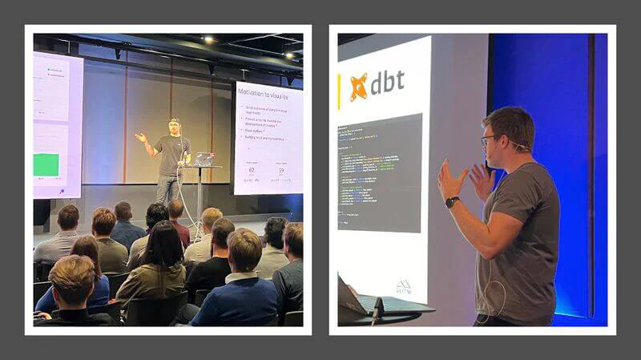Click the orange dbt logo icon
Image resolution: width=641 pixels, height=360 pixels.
click(358, 86)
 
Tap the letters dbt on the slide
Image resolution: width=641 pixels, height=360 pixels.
click(387, 83)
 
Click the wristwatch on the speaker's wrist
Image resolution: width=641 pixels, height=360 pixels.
click(452, 202)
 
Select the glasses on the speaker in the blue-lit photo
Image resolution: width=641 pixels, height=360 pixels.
click(490, 140)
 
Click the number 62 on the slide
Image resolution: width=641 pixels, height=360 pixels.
click(251, 169)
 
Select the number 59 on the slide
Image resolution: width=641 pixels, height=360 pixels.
click(280, 170)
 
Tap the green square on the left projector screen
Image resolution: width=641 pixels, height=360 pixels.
click(46, 164)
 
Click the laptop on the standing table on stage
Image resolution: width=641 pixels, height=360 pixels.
click(204, 159)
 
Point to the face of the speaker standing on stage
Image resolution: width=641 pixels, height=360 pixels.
click(174, 127)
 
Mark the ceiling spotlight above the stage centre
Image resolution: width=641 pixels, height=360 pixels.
click(208, 38)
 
